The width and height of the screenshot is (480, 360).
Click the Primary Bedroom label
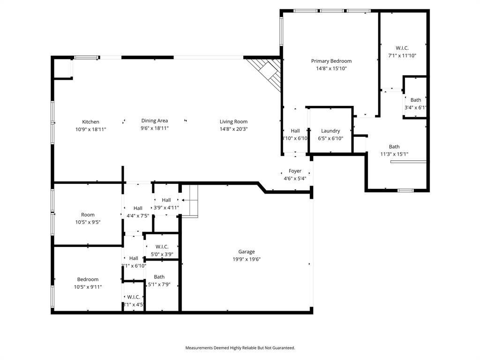pos(331,61)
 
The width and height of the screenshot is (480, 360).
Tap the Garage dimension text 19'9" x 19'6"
pos(247,259)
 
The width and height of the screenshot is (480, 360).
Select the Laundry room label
pos(330,131)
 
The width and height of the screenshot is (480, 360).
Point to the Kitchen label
pos(90,122)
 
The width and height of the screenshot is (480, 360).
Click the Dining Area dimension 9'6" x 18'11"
pos(154,128)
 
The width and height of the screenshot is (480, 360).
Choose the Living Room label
pos(233,122)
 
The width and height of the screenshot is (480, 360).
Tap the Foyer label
pos(295,171)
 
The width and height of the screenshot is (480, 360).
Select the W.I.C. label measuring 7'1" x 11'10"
pos(402,48)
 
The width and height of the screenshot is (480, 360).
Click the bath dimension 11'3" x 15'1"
pos(394,154)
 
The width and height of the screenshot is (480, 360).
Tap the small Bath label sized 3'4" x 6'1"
pos(416,100)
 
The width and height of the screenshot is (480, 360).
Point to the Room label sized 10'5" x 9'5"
pos(88,215)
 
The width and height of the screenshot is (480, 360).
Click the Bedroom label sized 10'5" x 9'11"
pos(88,279)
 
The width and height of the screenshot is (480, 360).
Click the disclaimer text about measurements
pos(240,348)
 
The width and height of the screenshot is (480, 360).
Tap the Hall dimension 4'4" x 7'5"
pos(138,216)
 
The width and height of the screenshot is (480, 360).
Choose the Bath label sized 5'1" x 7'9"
pos(159,277)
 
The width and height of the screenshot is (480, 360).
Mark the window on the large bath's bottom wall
pos(405,190)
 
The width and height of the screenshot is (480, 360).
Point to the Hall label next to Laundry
pos(295,131)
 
